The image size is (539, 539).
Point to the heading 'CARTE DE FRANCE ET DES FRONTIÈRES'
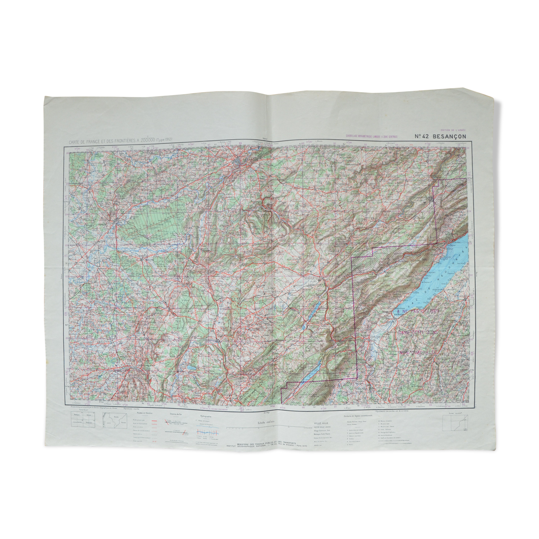107,142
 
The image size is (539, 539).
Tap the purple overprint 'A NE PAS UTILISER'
417,312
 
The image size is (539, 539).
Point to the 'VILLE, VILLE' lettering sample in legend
320,422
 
